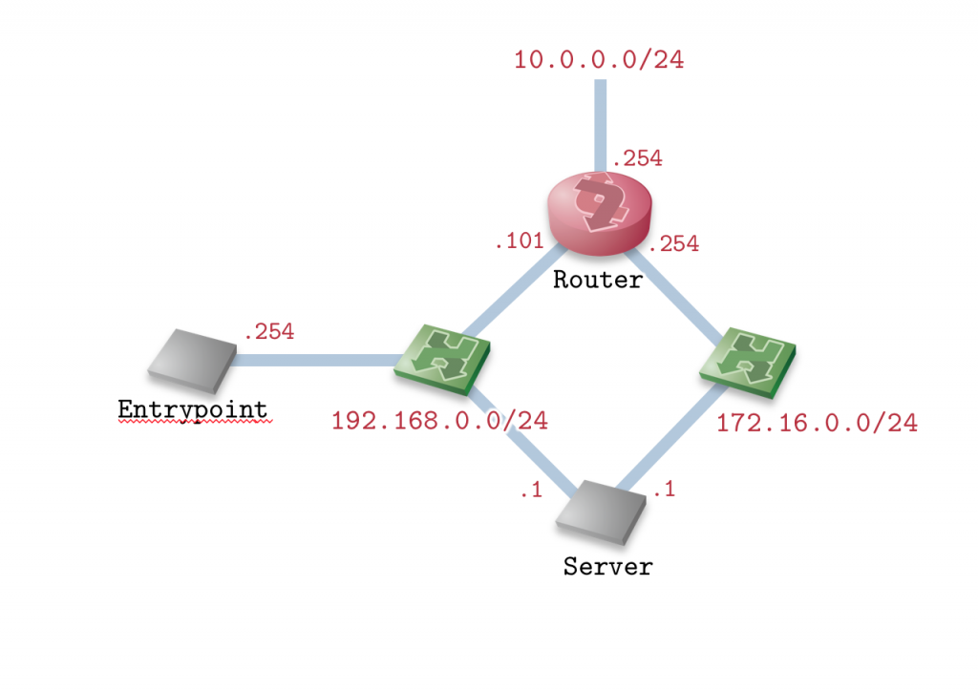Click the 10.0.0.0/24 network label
click(x=599, y=60)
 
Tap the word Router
click(x=598, y=281)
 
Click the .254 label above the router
click(x=637, y=158)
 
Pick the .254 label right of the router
click(x=673, y=244)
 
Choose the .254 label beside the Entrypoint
click(x=268, y=332)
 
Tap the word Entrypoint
click(x=193, y=410)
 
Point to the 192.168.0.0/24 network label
click(x=439, y=421)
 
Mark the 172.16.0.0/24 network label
click(x=817, y=423)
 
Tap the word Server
click(x=608, y=566)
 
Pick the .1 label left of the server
click(x=530, y=491)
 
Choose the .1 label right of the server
click(x=664, y=491)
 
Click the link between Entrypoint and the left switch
click(x=315, y=360)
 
